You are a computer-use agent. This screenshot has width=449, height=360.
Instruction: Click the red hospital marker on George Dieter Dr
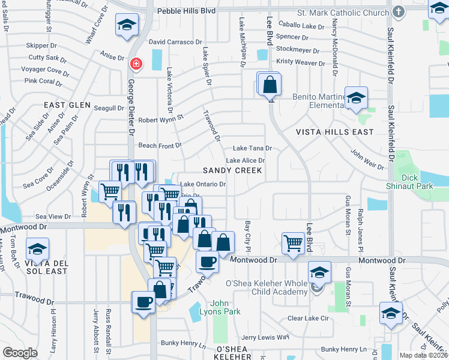pyautogui.click(x=136, y=63)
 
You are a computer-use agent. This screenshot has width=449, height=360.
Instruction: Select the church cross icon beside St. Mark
pyautogui.click(x=398, y=11)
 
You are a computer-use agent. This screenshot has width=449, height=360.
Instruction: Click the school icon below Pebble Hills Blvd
pyautogui.click(x=127, y=25)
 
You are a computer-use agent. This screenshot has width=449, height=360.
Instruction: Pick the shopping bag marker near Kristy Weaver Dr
pyautogui.click(x=270, y=85)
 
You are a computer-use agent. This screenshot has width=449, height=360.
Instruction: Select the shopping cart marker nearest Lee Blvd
pyautogui.click(x=293, y=244)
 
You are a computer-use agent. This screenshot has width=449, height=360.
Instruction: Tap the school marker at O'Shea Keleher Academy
pyautogui.click(x=320, y=273)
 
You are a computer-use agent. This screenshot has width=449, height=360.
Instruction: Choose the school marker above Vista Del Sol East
pyautogui.click(x=37, y=248)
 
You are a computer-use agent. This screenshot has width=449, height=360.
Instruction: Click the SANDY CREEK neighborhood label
pyautogui.click(x=232, y=170)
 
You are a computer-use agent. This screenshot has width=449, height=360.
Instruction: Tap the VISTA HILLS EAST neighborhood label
pyautogui.click(x=334, y=131)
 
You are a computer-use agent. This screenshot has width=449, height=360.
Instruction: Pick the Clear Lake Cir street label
pyautogui.click(x=310, y=318)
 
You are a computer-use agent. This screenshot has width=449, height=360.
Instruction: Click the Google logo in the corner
pyautogui.click(x=20, y=353)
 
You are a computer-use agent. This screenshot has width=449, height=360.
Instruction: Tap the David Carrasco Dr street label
pyautogui.click(x=175, y=42)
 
